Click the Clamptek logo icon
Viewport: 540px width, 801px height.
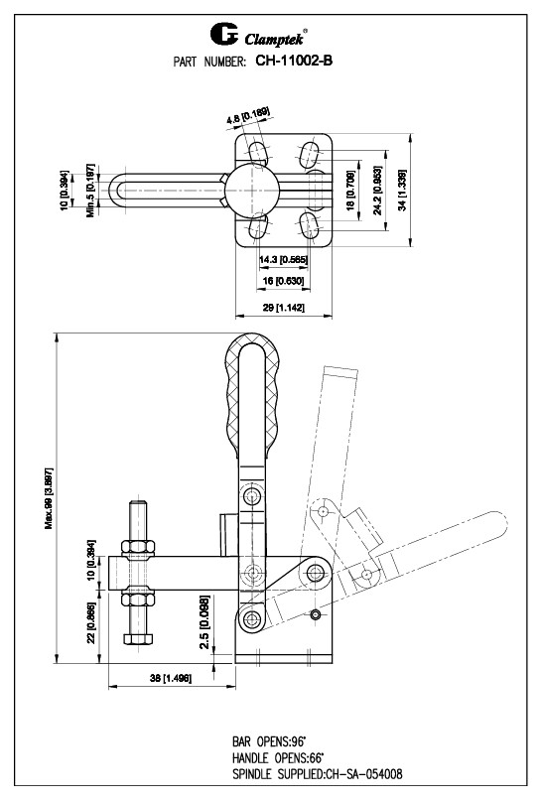pyautogui.click(x=224, y=37)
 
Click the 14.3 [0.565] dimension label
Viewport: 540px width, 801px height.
pyautogui.click(x=281, y=260)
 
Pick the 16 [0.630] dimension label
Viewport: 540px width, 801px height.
pyautogui.click(x=281, y=282)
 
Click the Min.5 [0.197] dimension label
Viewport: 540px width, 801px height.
pyautogui.click(x=89, y=190)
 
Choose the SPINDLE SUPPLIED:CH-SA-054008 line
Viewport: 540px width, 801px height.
pyautogui.click(x=316, y=772)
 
